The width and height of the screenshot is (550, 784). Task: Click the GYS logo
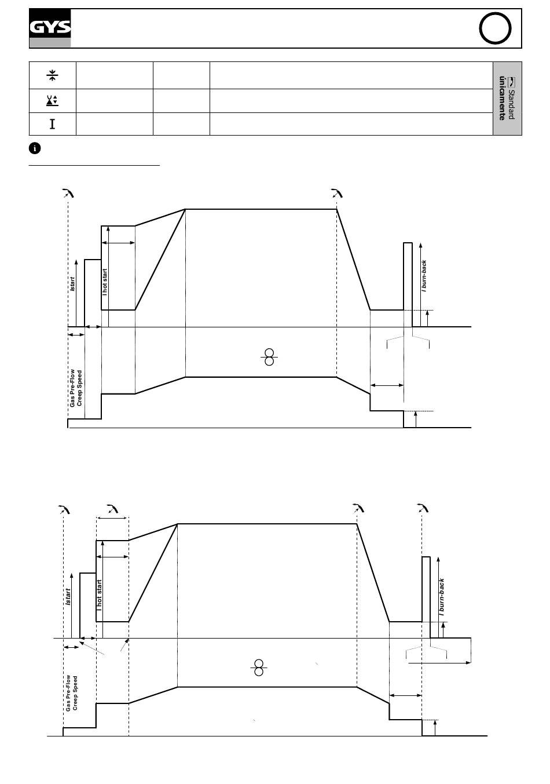[50, 28]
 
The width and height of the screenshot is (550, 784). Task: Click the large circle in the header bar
[496, 29]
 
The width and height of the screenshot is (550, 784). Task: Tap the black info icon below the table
[35, 148]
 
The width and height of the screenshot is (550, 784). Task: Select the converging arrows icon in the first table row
[52, 75]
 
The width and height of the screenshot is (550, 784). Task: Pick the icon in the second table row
[52, 101]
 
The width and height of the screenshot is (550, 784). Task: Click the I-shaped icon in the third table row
[52, 123]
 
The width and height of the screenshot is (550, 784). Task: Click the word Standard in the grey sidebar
[511, 104]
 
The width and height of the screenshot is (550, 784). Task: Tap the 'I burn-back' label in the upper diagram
[424, 275]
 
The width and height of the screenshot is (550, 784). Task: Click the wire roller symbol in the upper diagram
[269, 357]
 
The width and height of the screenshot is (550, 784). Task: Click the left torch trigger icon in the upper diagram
[68, 193]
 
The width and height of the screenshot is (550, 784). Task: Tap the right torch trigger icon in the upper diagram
[336, 193]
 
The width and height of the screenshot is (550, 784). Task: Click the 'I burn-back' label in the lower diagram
[441, 596]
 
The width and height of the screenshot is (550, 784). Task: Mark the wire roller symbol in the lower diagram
[259, 668]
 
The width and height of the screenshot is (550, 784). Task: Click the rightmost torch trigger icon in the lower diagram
[423, 509]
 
